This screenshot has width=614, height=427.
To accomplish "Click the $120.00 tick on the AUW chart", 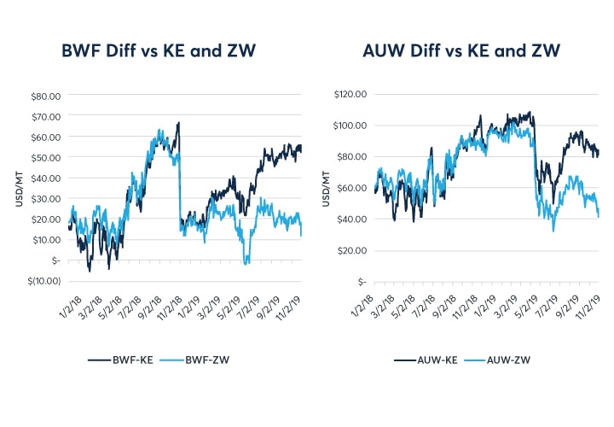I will point(350,94).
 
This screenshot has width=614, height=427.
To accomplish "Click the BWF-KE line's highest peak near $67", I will point(178,122).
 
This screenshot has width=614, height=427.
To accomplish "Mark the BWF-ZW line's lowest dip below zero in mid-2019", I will point(246,264).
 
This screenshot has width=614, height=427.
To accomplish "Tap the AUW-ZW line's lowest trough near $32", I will point(553,231).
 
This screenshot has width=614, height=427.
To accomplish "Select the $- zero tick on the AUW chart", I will point(362,281).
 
